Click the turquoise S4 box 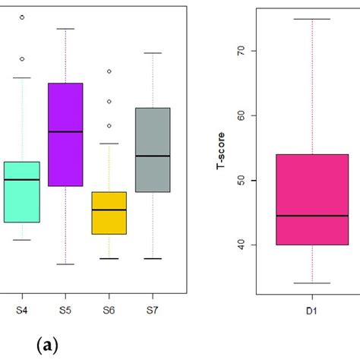click(21, 191)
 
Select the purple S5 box click(65, 134)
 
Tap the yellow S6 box click(109, 213)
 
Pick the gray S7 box click(153, 150)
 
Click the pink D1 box click(312, 199)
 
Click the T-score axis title click(221, 149)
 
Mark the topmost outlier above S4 click(21, 16)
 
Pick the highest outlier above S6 click(109, 71)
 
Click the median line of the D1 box click(312, 216)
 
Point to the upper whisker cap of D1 click(312, 19)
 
